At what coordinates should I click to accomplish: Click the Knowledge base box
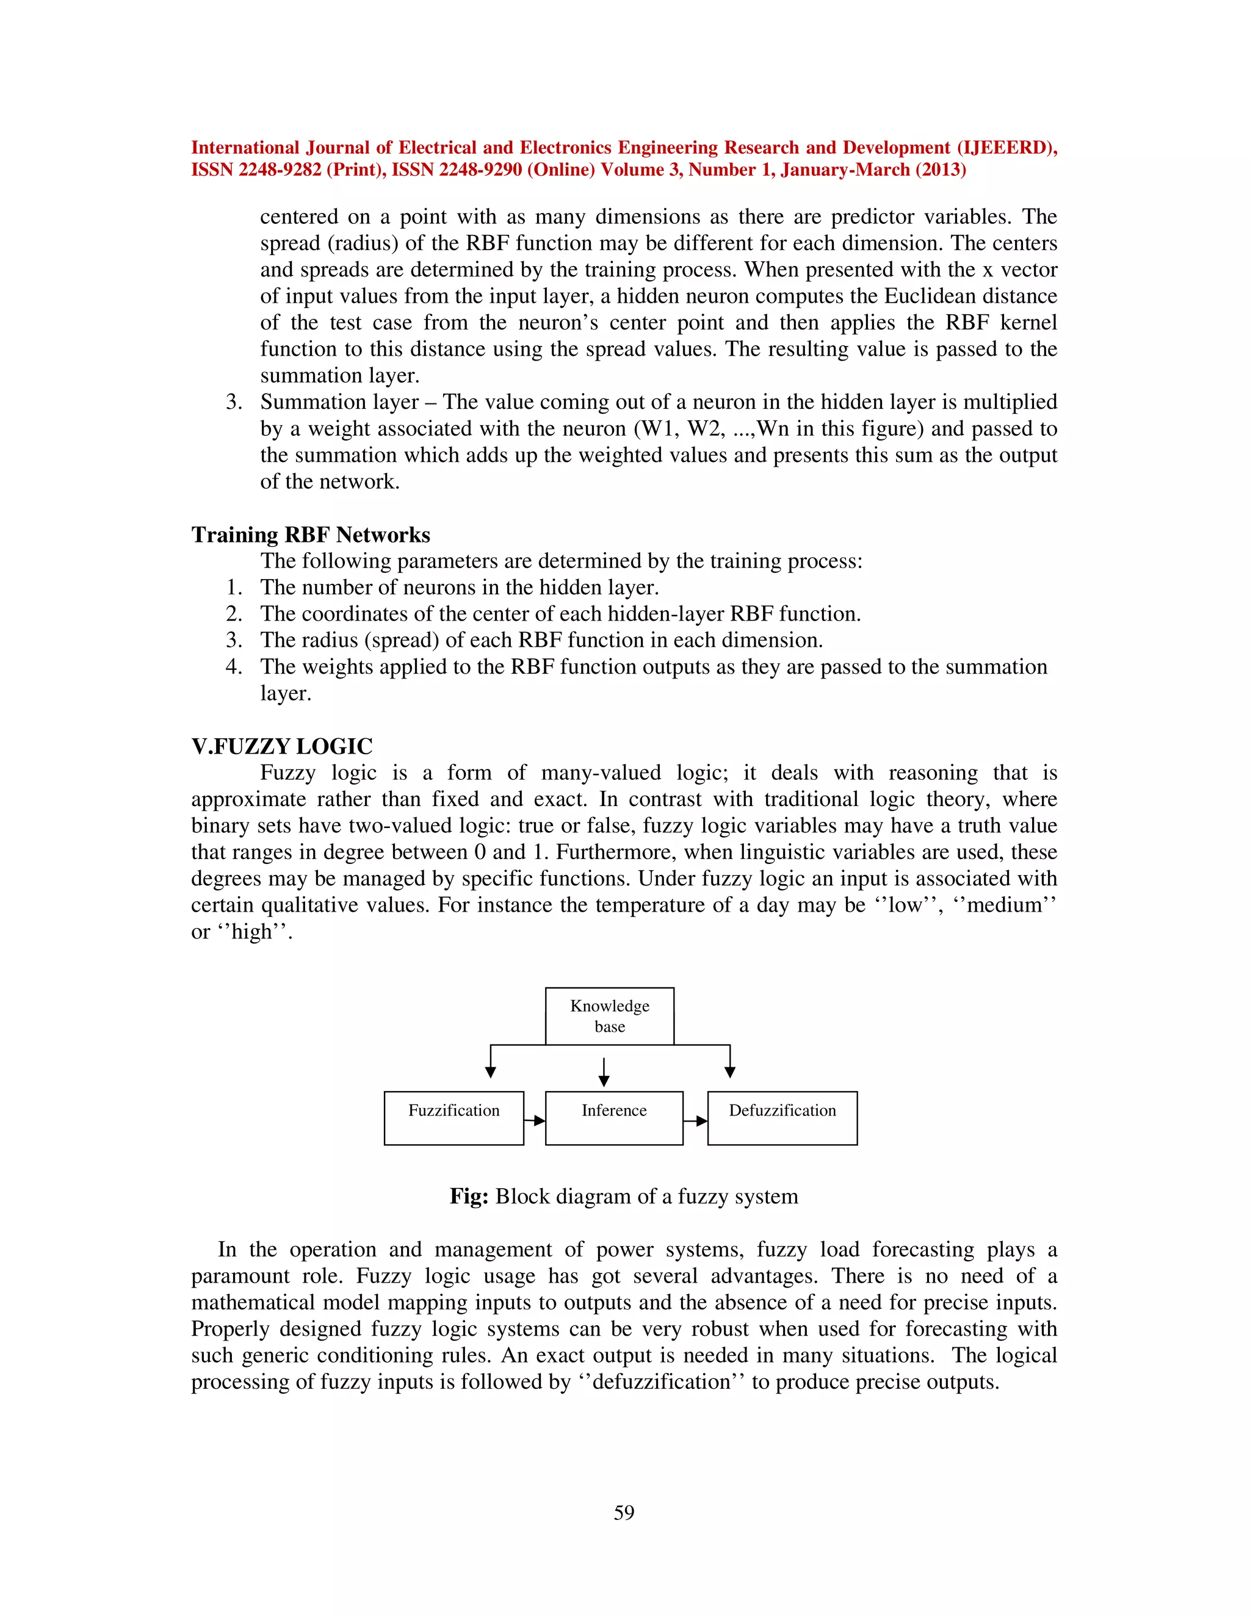tap(610, 1016)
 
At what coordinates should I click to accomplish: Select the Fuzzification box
tap(453, 1118)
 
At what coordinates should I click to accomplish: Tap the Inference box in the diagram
tap(613, 1118)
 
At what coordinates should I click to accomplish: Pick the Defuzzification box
tap(782, 1118)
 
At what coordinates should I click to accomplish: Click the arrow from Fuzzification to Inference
tap(535, 1120)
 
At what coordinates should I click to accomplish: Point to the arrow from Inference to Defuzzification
tap(695, 1120)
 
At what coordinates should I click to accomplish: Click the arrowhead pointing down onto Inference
tap(604, 1081)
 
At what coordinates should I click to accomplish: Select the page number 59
tap(624, 1513)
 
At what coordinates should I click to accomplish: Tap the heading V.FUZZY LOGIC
tap(281, 746)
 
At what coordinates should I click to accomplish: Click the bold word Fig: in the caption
tap(468, 1197)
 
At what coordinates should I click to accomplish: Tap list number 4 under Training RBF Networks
tap(233, 666)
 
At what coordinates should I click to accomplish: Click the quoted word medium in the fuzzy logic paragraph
tap(1004, 905)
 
